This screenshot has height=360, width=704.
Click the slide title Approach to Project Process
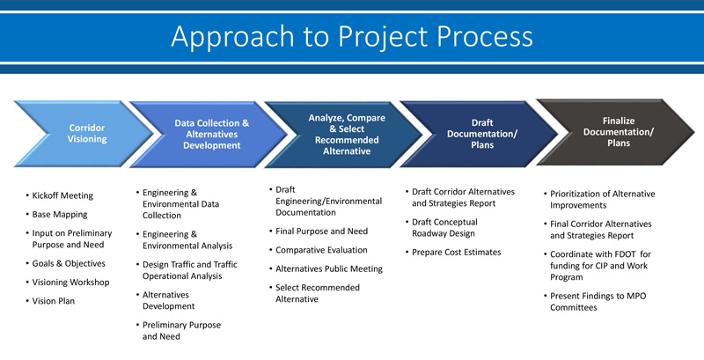coord(351,36)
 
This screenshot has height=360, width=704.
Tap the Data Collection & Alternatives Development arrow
coord(211,134)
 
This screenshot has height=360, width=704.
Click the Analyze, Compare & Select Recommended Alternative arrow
coord(346,134)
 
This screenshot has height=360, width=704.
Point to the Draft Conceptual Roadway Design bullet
coord(449,227)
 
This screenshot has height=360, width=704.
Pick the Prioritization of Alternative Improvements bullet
coord(602,200)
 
